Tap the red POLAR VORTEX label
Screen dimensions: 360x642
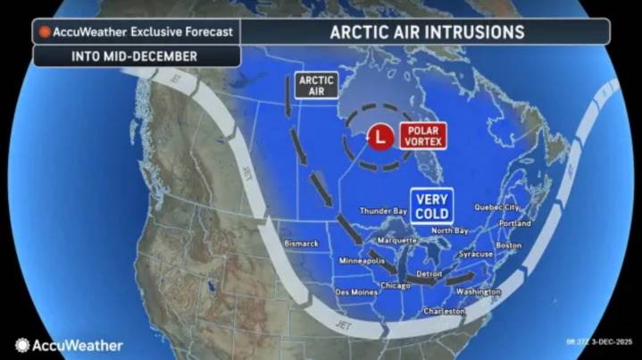point(421,136)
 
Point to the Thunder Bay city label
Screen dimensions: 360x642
point(383,211)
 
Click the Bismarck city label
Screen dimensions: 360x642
point(299,243)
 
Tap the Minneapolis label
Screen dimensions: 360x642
point(361,260)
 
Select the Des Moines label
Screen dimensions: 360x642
point(354,291)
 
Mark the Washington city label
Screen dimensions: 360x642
point(478,292)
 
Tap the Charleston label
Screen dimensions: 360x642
point(444,311)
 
